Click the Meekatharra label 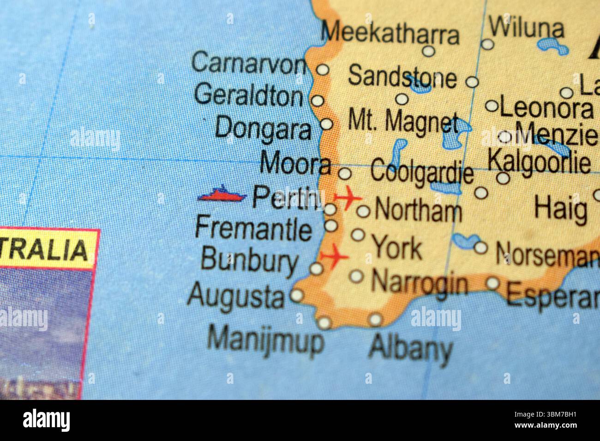[x=390, y=34]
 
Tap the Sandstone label [x=402, y=77]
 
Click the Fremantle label [x=253, y=229]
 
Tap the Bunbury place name [x=249, y=261]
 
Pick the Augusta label [x=235, y=296]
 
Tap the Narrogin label [x=419, y=282]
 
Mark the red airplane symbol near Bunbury [x=334, y=256]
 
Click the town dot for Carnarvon [x=323, y=70]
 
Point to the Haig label [x=560, y=209]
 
